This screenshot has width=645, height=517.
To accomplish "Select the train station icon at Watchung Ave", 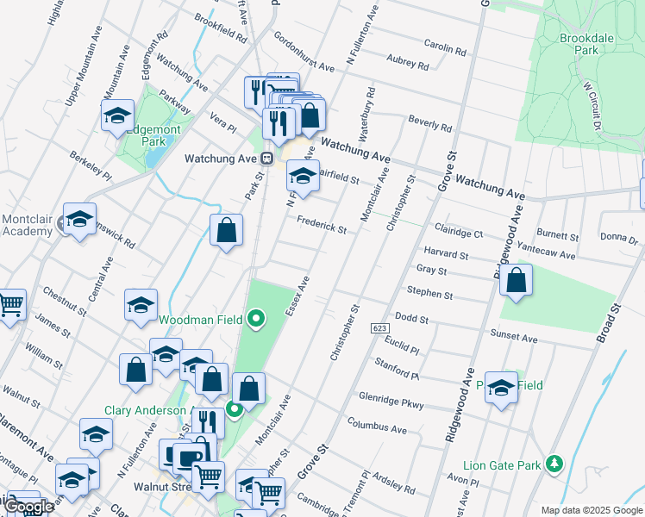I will point(268,159).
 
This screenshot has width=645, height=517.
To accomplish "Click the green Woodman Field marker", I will point(255,320).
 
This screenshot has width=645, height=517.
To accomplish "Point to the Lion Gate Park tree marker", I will point(555,465).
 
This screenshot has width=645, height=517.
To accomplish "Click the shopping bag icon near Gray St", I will point(516,281).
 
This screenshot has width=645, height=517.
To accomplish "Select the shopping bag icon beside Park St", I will point(226,231).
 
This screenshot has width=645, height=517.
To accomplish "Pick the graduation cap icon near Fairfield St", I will point(302,177).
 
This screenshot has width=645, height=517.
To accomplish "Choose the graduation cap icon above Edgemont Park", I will point(117,115).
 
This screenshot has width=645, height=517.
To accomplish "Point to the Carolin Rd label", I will point(445,48).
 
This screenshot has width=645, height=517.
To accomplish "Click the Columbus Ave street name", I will point(377,427).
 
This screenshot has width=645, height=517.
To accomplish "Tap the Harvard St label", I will point(446,255).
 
